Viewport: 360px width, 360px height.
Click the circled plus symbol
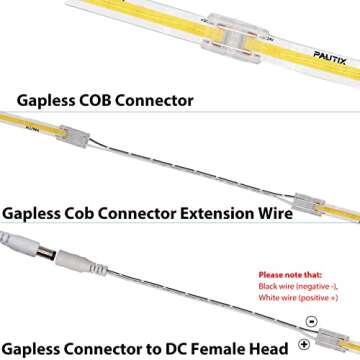[x=304, y=345]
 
